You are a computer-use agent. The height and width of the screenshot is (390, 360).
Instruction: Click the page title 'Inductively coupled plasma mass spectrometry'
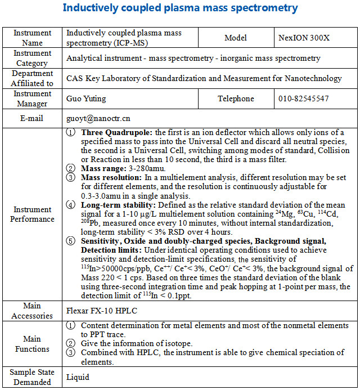[x=180, y=8]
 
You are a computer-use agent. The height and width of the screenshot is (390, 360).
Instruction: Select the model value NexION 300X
[x=303, y=38]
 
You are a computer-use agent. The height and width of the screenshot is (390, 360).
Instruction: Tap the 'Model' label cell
[x=236, y=38]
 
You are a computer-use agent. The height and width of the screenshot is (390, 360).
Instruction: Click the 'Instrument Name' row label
[x=33, y=38]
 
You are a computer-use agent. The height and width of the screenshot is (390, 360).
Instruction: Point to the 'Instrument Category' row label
[x=33, y=59]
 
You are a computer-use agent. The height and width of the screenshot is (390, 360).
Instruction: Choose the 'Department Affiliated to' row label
[x=33, y=78]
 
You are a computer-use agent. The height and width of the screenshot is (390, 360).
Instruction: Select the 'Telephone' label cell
[x=236, y=98]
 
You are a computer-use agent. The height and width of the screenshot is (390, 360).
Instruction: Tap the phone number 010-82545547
[x=303, y=98]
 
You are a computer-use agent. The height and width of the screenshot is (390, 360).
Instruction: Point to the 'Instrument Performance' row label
[x=33, y=214]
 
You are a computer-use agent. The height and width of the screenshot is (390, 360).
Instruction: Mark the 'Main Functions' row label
[x=33, y=344]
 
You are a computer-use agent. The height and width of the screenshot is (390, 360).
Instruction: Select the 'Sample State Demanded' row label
[x=33, y=377]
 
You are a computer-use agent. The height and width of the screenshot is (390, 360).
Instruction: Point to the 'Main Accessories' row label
[x=33, y=311]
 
